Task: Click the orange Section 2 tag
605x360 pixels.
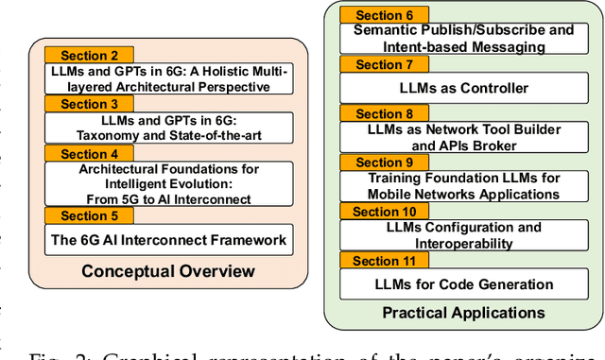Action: coord(90,56)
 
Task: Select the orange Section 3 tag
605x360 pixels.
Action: coord(90,105)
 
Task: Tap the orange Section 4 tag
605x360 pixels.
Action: coord(90,154)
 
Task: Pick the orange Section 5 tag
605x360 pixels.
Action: coord(90,215)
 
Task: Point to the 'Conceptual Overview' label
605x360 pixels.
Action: coord(167,272)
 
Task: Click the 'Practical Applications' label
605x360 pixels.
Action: coord(463,312)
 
